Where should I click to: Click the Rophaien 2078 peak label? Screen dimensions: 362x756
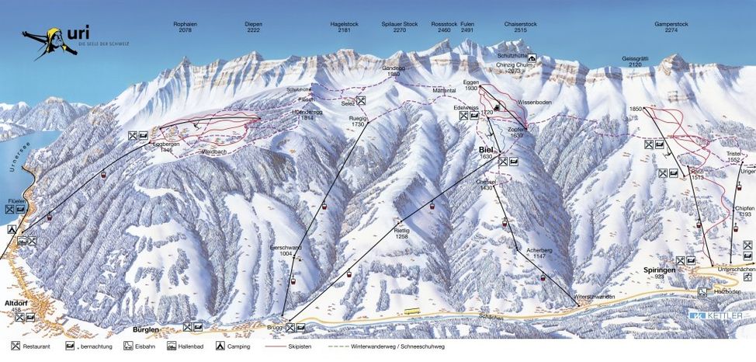[186, 27]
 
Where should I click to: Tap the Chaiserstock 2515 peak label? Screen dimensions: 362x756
[520, 27]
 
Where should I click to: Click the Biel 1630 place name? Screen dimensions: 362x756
[487, 151]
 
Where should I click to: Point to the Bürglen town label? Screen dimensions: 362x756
[146, 329]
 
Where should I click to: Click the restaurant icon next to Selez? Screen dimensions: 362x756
[362, 100]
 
